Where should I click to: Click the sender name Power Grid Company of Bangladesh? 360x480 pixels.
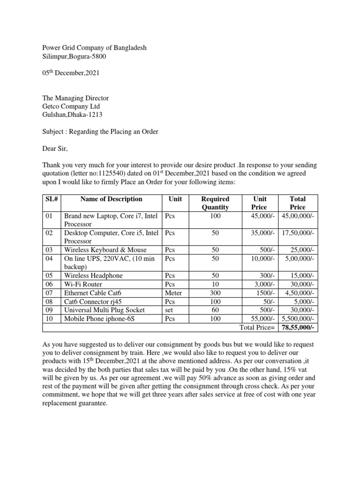(x=94, y=48)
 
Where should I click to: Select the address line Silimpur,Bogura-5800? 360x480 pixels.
(x=77, y=57)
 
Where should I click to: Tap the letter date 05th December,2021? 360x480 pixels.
(x=71, y=73)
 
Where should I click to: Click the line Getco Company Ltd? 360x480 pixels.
(x=71, y=106)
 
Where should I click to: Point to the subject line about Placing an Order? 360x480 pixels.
(x=100, y=132)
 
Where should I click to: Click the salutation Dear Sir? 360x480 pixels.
(x=55, y=149)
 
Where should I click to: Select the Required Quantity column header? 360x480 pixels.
(x=215, y=203)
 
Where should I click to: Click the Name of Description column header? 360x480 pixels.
(x=111, y=199)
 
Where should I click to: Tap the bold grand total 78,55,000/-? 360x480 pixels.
(x=298, y=327)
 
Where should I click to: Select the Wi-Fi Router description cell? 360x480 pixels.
(x=83, y=285)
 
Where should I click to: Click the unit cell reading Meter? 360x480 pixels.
(x=173, y=293)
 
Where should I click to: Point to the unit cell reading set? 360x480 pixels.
(x=169, y=310)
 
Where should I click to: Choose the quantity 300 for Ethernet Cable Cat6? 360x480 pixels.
(x=215, y=293)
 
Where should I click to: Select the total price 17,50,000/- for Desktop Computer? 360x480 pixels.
(x=298, y=233)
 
